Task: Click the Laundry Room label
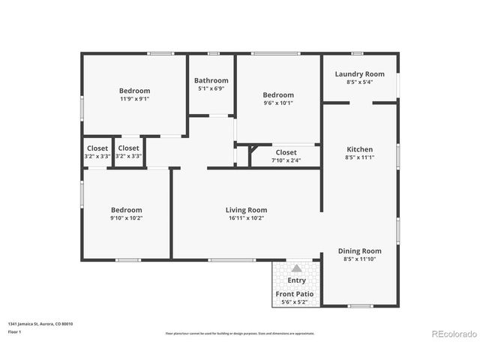point(359,74)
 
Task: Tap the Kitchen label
point(359,149)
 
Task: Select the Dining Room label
point(359,251)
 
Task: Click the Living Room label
point(246,210)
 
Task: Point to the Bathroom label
point(211,80)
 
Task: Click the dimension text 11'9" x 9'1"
point(134,98)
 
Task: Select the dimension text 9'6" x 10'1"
point(277,103)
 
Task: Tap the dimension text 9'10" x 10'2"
point(126,218)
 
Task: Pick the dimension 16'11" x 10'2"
point(246,218)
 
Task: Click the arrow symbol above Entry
point(296,268)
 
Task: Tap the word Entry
point(296,280)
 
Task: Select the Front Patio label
point(295,293)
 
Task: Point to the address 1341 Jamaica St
point(40,324)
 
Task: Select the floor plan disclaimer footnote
point(240,332)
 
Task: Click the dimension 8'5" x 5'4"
point(359,82)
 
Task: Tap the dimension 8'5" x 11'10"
point(359,259)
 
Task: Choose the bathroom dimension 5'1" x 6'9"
point(211,88)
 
